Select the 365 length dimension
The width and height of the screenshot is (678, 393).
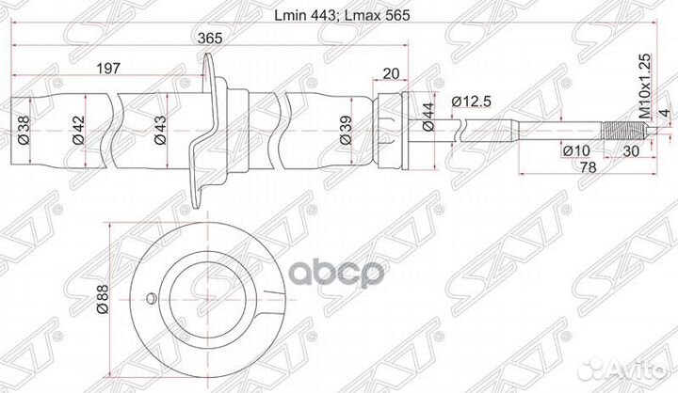tap(210, 39)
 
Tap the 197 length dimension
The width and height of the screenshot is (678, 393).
tap(110, 69)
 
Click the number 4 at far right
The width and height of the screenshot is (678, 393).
tap(663, 113)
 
